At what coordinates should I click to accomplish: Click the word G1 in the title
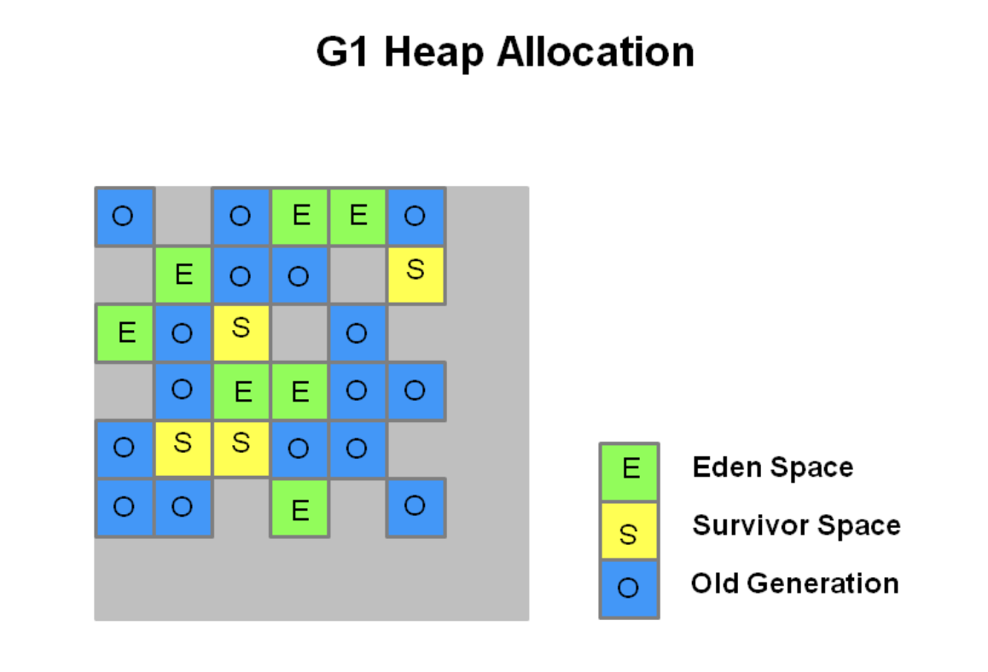341,52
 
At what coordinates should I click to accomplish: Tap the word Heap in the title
433,53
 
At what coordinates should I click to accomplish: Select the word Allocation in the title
596,52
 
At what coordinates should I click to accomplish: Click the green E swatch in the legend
630,472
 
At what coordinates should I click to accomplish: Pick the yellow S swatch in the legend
630,530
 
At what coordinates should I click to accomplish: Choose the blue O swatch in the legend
630,589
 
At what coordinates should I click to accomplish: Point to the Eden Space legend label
772,468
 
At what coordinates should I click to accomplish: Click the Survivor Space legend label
796,525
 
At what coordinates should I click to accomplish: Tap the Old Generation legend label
794,583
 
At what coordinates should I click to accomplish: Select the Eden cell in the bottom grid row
300,507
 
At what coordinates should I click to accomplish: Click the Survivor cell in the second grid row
416,275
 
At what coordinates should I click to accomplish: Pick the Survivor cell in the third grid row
241,333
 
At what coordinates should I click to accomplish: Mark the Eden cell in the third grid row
125,333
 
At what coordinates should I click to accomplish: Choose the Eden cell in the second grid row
183,275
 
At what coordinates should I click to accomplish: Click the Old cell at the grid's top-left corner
125,216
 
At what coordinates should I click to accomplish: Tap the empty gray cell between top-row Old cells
183,216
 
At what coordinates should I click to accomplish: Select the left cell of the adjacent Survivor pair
183,449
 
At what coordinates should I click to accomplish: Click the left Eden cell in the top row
300,216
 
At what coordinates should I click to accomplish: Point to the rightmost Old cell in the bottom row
416,507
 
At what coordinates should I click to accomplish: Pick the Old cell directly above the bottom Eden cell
300,449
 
